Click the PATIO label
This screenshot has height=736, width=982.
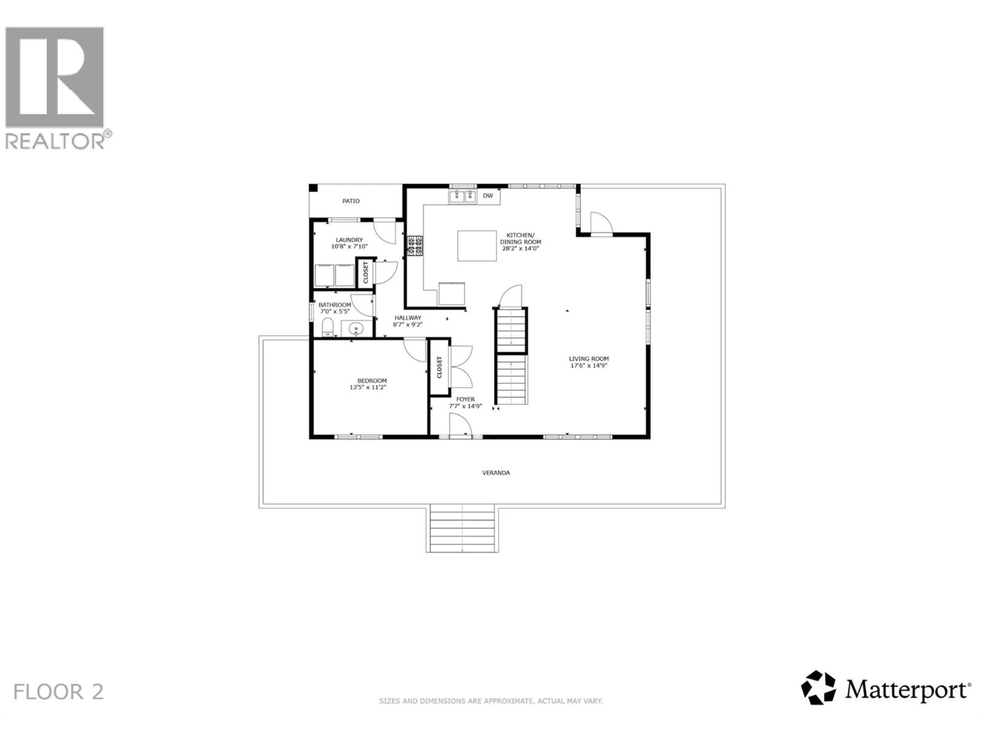pos(351,201)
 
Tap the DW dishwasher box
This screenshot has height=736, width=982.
pos(488,196)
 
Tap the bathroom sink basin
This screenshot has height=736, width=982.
pos(356,329)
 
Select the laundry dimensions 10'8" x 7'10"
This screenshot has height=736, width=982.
pos(349,246)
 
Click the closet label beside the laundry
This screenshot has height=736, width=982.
pos(366,272)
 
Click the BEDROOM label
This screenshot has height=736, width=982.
pos(372,381)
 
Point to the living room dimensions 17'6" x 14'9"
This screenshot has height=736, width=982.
pos(589,365)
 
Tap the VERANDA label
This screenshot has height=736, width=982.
pos(496,473)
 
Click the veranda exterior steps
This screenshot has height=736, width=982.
pos(462,528)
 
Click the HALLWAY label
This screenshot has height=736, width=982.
pos(408,318)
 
